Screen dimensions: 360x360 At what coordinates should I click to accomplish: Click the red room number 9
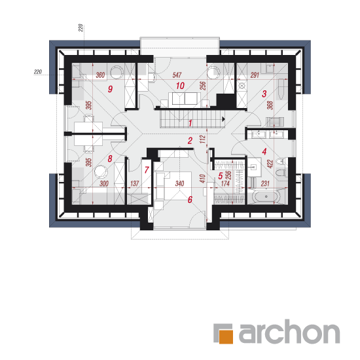click(x=110, y=89)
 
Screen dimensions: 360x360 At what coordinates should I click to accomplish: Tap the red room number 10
click(x=180, y=86)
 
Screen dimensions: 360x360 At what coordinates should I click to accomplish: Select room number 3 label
click(x=264, y=94)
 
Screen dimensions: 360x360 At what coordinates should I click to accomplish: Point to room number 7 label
click(x=147, y=170)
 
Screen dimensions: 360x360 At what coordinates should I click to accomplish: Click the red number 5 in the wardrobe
click(x=221, y=176)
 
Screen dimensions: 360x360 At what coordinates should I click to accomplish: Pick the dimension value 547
click(x=177, y=75)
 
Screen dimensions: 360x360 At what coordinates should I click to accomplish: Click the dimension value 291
click(x=255, y=75)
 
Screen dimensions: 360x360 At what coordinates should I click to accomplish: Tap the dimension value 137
click(x=135, y=183)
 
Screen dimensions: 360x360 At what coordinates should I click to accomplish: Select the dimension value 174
click(x=225, y=183)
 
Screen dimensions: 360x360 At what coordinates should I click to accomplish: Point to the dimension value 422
click(x=270, y=164)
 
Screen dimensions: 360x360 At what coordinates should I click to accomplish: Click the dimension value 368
click(x=270, y=105)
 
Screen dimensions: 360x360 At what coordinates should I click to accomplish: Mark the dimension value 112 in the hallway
click(x=202, y=139)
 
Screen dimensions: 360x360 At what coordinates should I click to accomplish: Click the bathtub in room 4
click(x=266, y=197)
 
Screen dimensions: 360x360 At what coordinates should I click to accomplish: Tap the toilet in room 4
click(x=281, y=172)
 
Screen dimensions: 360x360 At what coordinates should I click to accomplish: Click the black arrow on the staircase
click(x=223, y=119)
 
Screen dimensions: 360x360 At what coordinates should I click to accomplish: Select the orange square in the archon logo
click(x=226, y=336)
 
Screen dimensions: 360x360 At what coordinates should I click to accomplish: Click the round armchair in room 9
click(x=117, y=71)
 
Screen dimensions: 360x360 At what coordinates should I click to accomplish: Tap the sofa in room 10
click(x=183, y=99)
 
